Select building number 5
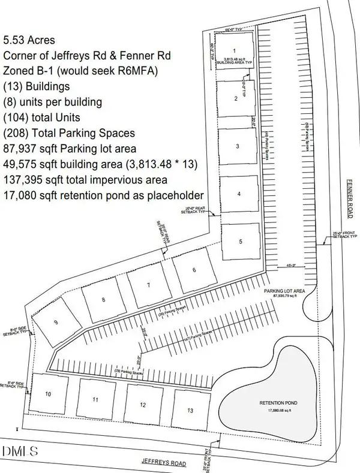click(x=240, y=242)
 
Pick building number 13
click(x=190, y=410)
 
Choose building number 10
click(x=47, y=394)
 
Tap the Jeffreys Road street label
click(x=163, y=462)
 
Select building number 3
click(x=238, y=146)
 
